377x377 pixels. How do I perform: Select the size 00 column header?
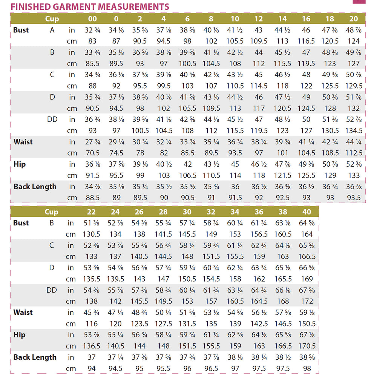(x=92, y=19)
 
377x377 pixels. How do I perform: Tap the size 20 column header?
(x=354, y=19)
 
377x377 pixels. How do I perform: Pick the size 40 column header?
(x=307, y=212)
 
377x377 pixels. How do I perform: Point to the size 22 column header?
(x=92, y=212)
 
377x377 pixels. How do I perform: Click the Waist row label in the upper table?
(x=23, y=142)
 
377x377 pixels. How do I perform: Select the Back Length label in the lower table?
(x=35, y=357)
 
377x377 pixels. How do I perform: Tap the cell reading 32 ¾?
(x=92, y=30)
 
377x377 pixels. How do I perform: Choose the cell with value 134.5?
(x=354, y=131)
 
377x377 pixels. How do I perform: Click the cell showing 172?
(x=307, y=301)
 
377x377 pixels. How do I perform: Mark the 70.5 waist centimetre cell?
(x=92, y=153)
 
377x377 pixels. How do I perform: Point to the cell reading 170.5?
(x=307, y=346)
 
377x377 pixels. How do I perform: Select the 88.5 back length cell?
(x=92, y=198)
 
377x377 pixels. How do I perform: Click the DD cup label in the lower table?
(x=52, y=290)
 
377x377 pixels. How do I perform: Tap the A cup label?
(x=52, y=30)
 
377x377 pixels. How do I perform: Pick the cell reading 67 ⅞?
(x=307, y=290)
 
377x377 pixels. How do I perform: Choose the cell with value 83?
(x=92, y=41)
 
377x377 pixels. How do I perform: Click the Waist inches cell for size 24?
(x=115, y=313)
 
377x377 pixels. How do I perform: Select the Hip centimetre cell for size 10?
(x=235, y=176)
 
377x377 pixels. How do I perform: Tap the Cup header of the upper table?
(x=52, y=19)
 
